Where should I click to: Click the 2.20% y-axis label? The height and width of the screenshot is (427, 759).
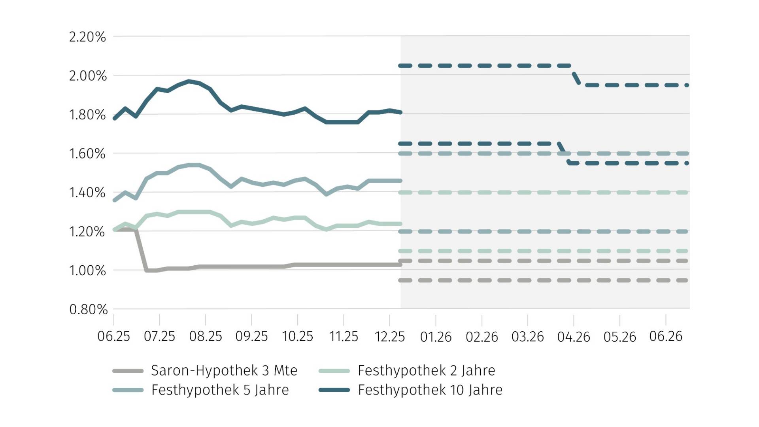(x=87, y=37)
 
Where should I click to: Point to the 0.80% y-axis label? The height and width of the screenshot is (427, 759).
(x=88, y=310)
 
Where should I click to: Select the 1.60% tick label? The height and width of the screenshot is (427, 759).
(x=87, y=154)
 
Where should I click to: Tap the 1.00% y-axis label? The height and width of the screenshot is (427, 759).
(x=87, y=271)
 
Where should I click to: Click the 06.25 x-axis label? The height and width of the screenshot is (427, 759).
(x=113, y=336)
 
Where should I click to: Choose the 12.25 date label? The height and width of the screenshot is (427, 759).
(x=389, y=336)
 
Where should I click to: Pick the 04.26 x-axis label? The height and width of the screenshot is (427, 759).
(x=574, y=337)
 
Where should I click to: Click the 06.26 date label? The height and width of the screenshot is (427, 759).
(x=666, y=336)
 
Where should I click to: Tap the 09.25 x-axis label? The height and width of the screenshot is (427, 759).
(x=251, y=336)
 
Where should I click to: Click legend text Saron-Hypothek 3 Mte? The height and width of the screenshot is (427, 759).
(x=224, y=370)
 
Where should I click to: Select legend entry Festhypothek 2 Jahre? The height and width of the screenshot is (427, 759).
(x=426, y=370)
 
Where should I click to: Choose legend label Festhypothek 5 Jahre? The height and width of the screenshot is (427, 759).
(x=220, y=390)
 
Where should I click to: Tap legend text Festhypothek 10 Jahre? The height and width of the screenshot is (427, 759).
(x=430, y=390)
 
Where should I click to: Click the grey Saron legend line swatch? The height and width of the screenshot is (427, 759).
(x=128, y=371)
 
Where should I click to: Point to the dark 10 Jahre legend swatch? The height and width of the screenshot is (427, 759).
(x=334, y=390)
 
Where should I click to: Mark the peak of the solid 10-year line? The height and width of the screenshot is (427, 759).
(x=189, y=81)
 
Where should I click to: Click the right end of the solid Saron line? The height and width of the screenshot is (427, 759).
(x=400, y=265)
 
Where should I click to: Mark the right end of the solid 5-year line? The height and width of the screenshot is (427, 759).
(x=400, y=181)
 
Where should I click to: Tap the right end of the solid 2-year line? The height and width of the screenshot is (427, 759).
(x=400, y=224)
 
